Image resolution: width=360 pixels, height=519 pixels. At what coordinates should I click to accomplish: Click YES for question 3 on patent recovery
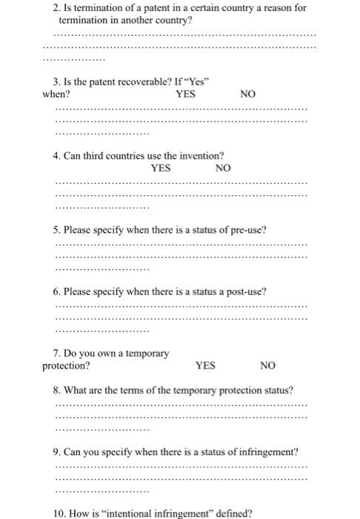185,95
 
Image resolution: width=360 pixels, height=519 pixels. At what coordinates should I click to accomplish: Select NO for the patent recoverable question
248,95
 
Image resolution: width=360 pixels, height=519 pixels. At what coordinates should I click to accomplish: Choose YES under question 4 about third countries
161,168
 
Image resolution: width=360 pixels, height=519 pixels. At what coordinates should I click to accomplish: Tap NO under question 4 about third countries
222,168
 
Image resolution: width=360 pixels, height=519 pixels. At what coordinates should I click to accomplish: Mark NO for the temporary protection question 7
267,366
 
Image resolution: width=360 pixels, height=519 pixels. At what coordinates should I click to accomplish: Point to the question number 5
57,230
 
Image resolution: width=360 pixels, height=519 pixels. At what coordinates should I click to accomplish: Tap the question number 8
57,390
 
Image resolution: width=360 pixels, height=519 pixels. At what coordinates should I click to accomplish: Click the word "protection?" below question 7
67,366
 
